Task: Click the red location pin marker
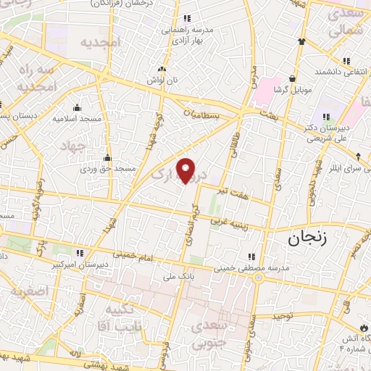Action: pyautogui.click(x=187, y=170)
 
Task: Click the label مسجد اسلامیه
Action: pyautogui.click(x=80, y=118)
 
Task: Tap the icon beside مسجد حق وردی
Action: pyautogui.click(x=108, y=157)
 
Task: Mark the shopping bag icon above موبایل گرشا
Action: pyautogui.click(x=292, y=78)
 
